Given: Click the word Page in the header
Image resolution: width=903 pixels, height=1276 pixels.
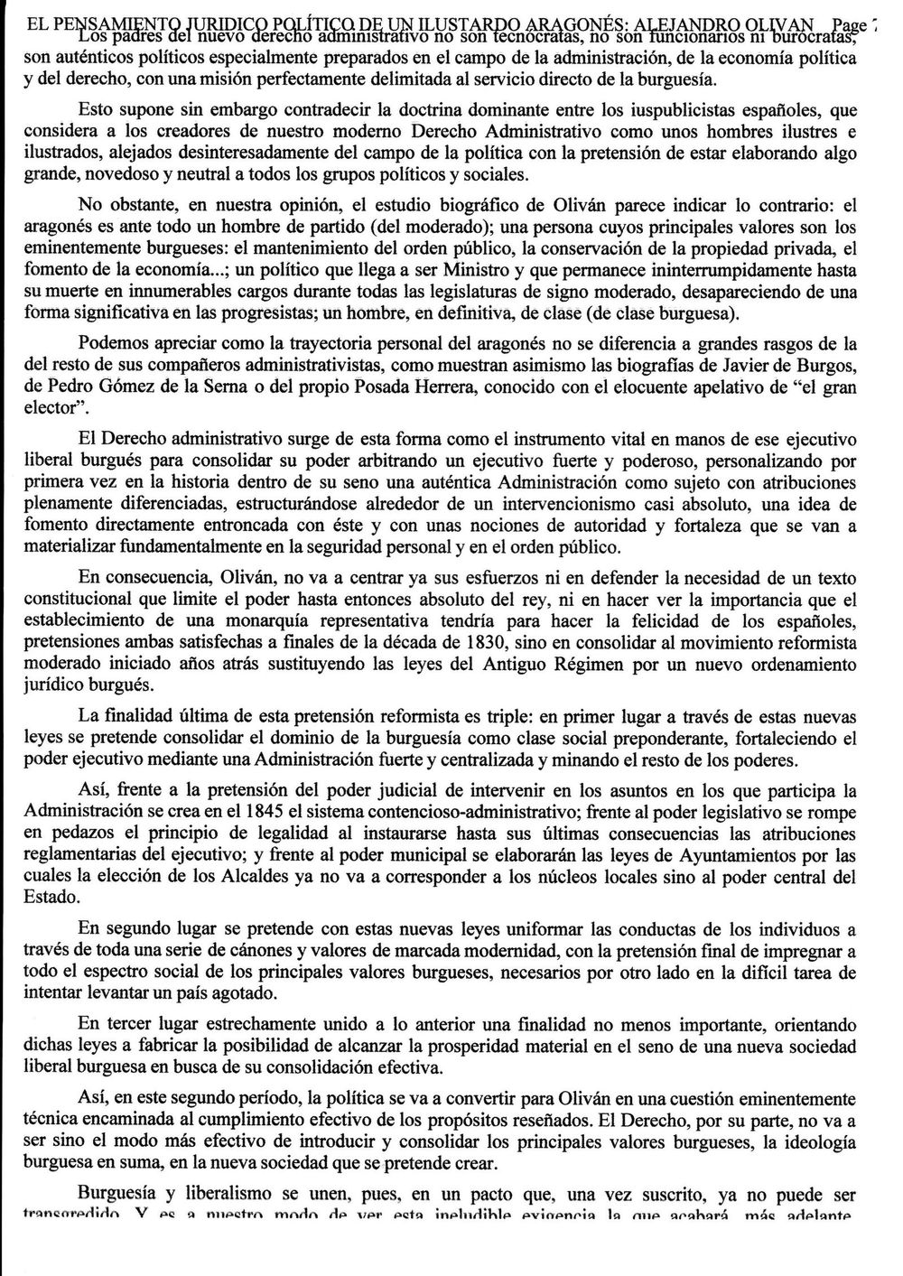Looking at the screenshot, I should pyautogui.click(x=850, y=25).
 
